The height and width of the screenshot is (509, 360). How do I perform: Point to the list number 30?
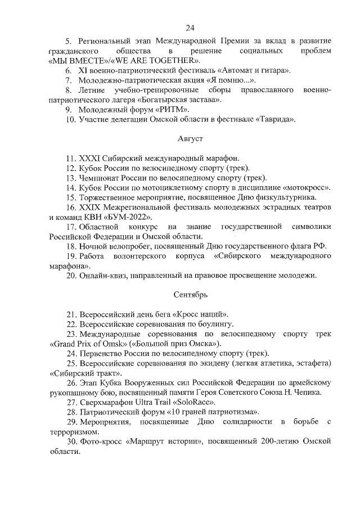[71, 442]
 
